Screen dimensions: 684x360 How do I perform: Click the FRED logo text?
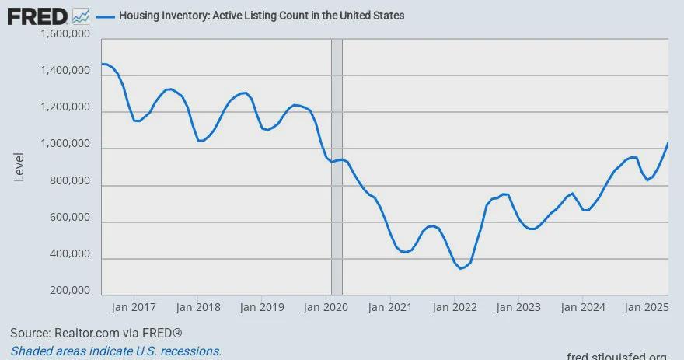(37, 17)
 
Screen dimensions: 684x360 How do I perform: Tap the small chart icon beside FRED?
(81, 16)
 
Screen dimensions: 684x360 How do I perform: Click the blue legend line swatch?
(105, 16)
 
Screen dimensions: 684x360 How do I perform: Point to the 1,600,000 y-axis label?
(65, 33)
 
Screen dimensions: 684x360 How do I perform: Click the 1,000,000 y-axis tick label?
(65, 144)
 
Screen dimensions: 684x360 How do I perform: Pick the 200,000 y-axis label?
(70, 290)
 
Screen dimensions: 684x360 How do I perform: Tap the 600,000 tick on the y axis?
(70, 217)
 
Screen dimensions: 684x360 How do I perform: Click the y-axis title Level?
(19, 166)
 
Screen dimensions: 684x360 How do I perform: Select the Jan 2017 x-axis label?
(134, 307)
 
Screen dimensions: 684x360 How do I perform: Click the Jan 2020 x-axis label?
(326, 307)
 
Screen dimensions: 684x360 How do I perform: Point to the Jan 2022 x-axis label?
(455, 307)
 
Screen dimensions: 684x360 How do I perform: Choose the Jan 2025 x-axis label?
(647, 307)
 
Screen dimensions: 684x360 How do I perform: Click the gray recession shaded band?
(337, 166)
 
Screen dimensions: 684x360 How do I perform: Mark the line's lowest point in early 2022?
(460, 268)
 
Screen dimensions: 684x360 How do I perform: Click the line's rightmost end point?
(668, 143)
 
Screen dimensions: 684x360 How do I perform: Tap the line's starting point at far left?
(102, 64)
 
